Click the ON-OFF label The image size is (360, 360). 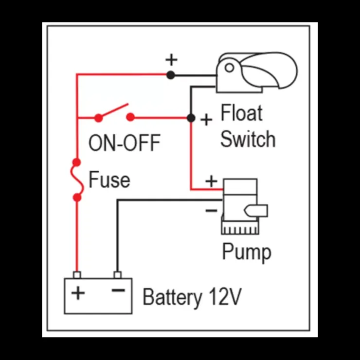click(124, 143)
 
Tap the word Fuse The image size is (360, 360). click(109, 180)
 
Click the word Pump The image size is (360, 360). click(247, 252)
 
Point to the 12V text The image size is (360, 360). click(225, 297)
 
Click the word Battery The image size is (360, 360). click(172, 298)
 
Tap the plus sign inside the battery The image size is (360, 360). click(78, 293)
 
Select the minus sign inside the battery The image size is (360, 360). click(118, 290)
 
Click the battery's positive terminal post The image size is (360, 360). click(77, 275)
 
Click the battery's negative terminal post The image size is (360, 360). click(118, 275)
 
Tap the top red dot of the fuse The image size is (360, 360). click(77, 162)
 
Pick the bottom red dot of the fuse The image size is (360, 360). click(77, 198)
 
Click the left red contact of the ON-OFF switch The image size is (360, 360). click(98, 118)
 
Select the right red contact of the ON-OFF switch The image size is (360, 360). click(130, 117)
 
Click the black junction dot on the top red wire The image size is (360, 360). click(171, 75)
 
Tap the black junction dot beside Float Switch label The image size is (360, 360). click(191, 118)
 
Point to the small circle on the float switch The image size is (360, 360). click(229, 68)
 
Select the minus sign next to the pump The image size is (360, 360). click(211, 210)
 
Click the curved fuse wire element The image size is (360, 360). click(77, 180)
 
